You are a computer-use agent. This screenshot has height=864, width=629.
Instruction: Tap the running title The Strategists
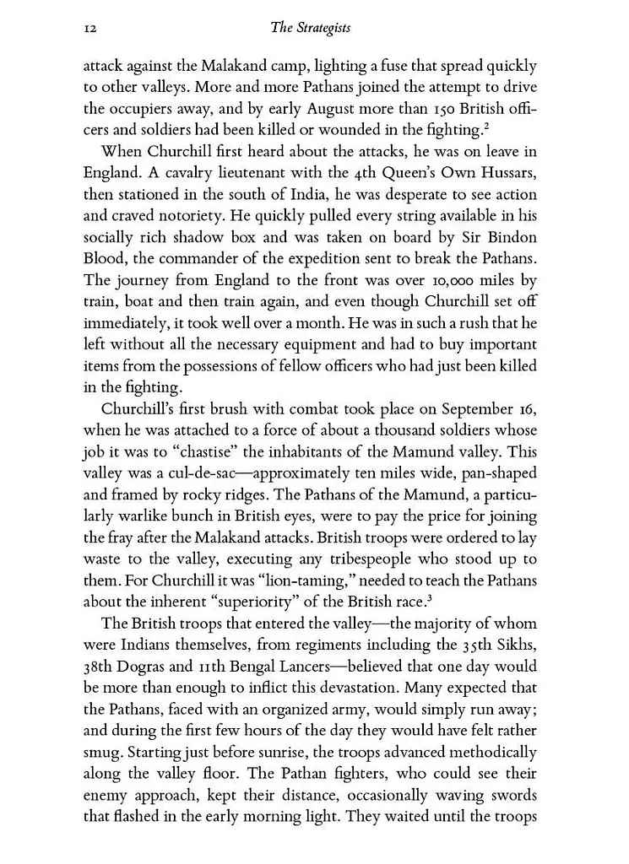click(310, 29)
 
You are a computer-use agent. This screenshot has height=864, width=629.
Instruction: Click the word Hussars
click(503, 174)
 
